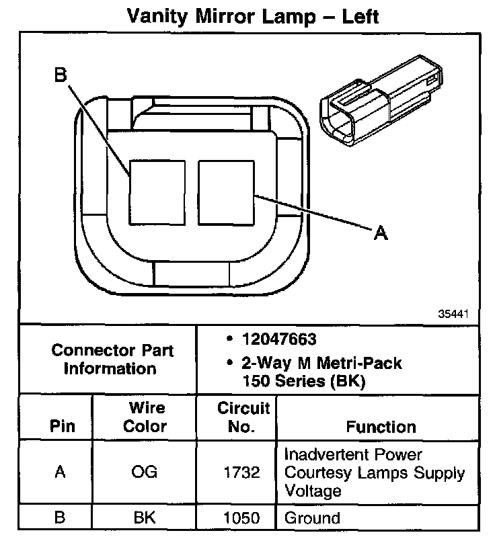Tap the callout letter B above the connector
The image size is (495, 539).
61,76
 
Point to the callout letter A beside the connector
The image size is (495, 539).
381,233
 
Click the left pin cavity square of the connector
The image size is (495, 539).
157,192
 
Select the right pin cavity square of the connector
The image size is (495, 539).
226,192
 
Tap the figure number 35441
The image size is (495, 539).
453,314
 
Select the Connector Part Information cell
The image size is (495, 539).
112,360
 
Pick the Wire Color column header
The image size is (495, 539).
146,417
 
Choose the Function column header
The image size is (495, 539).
381,427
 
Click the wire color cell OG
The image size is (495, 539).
146,472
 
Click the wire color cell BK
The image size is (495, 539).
146,518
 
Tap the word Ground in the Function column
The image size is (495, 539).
312,518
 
